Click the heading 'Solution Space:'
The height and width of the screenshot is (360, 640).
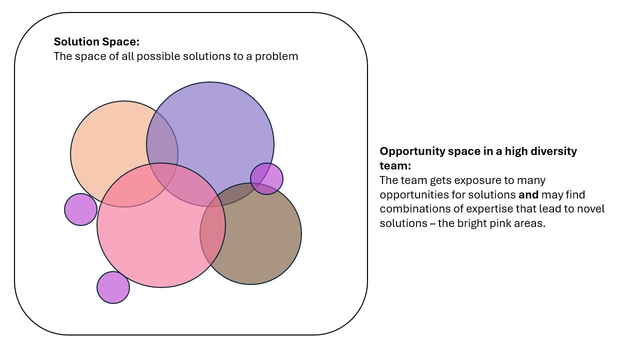pos(96,42)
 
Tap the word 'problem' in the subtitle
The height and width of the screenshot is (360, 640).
pos(276,56)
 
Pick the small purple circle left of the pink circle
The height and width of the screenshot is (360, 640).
pos(80,209)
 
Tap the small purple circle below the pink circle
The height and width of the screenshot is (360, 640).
pos(113,287)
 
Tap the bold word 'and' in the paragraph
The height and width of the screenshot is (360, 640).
pos(528,194)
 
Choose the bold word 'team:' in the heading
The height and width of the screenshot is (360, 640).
pos(395,165)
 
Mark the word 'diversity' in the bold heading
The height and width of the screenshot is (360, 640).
pos(554,151)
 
